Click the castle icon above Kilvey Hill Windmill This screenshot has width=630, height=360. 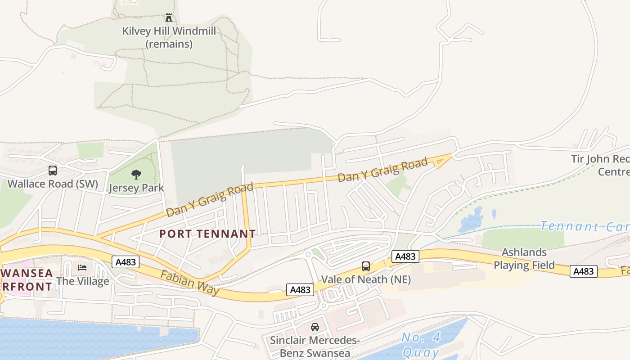[169, 18]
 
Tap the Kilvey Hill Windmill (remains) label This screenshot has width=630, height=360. [169, 37]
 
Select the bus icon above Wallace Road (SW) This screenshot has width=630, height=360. [53, 171]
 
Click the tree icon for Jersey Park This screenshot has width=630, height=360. [136, 175]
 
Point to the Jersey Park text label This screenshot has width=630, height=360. [136, 188]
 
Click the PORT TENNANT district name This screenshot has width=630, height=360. [207, 234]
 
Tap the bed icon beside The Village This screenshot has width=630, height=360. [82, 267]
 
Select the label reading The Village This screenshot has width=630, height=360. [82, 281]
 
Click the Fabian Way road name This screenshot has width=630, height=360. [190, 283]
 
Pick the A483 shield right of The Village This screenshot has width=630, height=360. [126, 262]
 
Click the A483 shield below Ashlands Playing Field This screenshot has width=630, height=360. [583, 271]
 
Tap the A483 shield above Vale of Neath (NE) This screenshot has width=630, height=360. [405, 256]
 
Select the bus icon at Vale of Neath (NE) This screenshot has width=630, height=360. [366, 266]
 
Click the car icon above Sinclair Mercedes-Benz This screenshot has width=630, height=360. [315, 327]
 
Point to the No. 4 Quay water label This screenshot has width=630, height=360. [421, 345]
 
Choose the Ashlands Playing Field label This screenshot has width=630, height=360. [524, 259]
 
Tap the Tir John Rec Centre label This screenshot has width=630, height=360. [600, 165]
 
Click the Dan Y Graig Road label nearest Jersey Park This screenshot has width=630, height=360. [210, 199]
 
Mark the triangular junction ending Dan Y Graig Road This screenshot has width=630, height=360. [443, 161]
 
